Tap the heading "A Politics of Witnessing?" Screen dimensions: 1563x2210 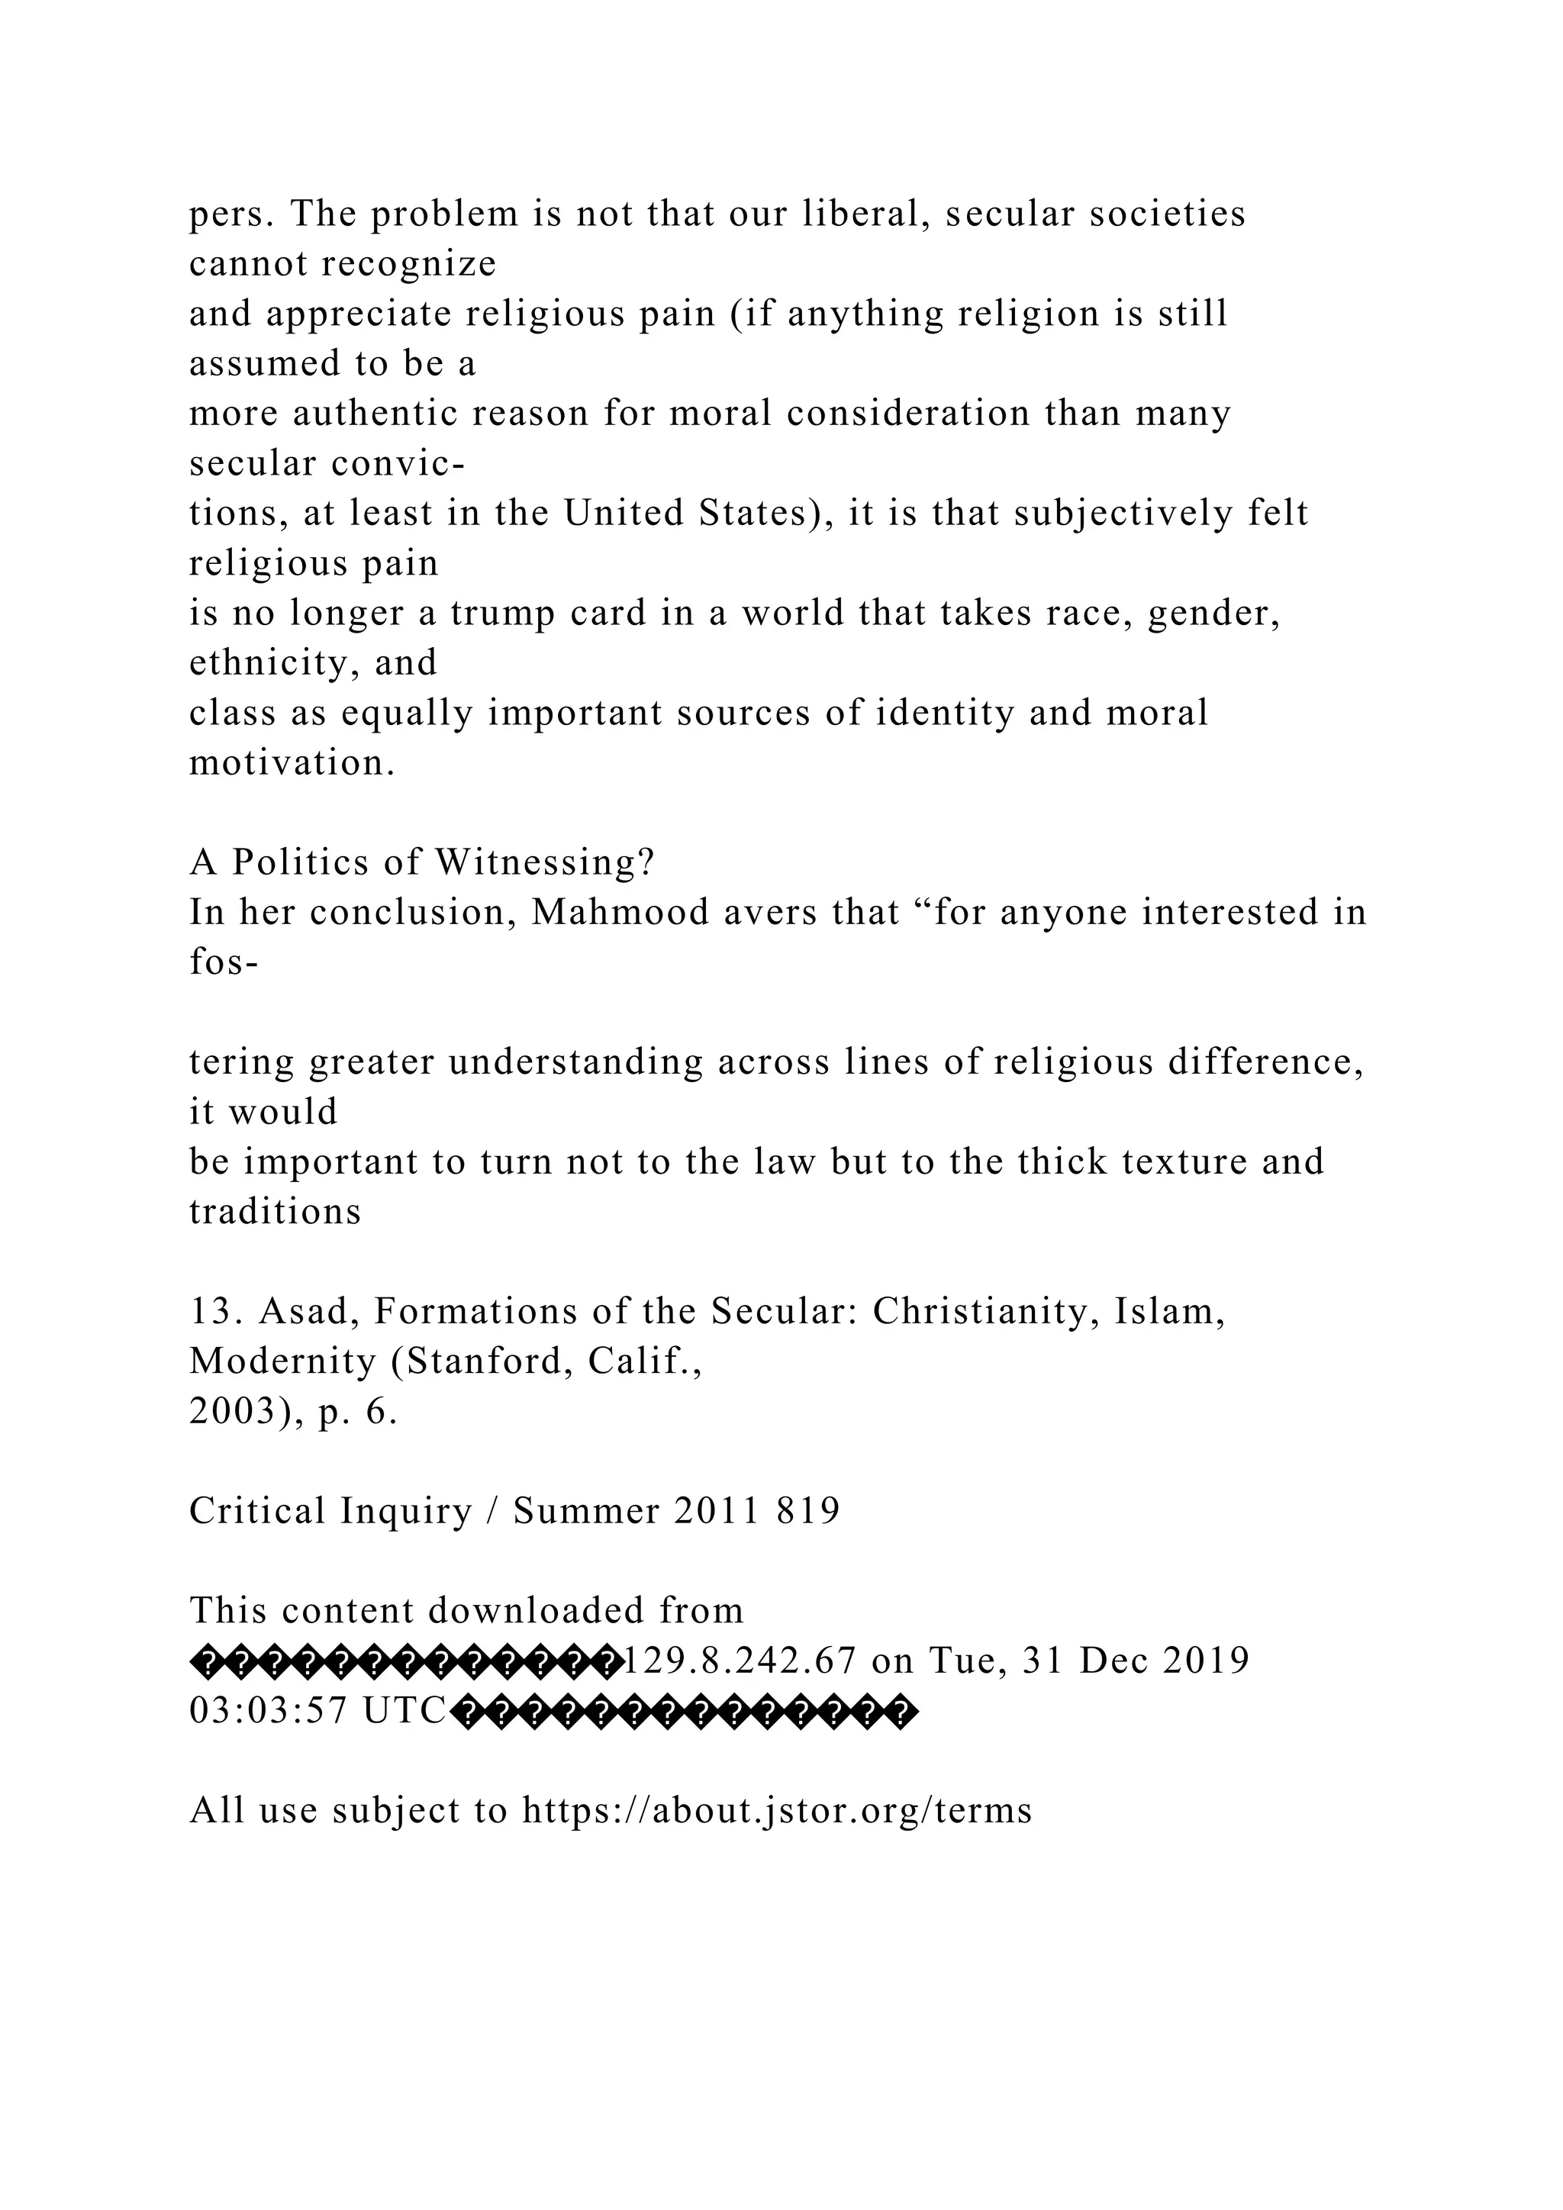point(421,862)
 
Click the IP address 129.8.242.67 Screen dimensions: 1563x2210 point(740,1661)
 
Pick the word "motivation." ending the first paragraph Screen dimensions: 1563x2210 point(292,763)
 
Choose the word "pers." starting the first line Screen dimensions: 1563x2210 point(231,214)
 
